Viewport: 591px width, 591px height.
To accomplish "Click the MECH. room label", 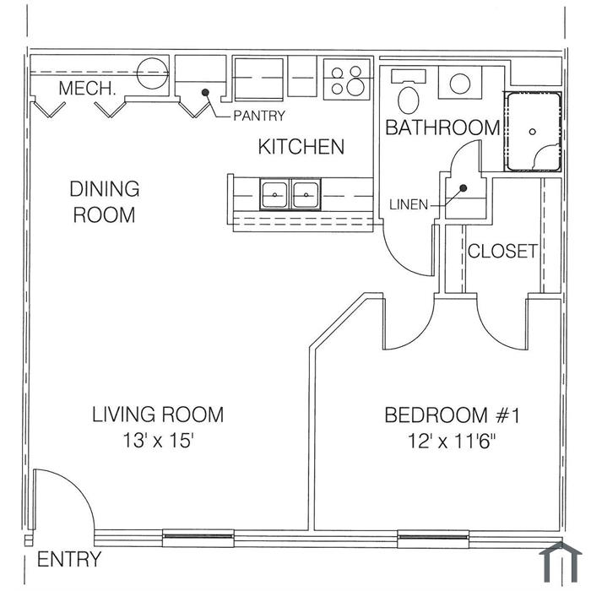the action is pyautogui.click(x=87, y=89).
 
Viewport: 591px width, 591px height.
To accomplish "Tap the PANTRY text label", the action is pyautogui.click(x=259, y=116).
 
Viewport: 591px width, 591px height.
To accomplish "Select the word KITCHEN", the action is pyautogui.click(x=301, y=147).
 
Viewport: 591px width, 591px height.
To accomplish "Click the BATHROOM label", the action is pyautogui.click(x=442, y=127).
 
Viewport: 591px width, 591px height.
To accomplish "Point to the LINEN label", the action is pyautogui.click(x=409, y=205).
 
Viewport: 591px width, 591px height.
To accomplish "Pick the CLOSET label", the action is pyautogui.click(x=502, y=251).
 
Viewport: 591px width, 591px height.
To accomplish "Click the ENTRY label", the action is pyautogui.click(x=69, y=559).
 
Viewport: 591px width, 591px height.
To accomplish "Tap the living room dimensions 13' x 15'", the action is pyautogui.click(x=159, y=440).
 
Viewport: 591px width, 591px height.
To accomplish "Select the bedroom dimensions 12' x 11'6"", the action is pyautogui.click(x=451, y=441).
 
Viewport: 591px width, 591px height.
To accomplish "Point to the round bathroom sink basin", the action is pyautogui.click(x=460, y=84).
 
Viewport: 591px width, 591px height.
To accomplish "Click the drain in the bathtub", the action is pyautogui.click(x=532, y=132).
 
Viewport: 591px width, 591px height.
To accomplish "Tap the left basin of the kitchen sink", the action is pyautogui.click(x=274, y=194).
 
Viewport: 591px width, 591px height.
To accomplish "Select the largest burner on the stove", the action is pyautogui.click(x=355, y=87).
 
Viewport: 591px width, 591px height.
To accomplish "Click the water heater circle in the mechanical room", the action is pyautogui.click(x=152, y=73).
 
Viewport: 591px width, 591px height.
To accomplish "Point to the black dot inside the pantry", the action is pyautogui.click(x=205, y=92).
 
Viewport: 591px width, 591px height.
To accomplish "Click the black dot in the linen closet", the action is pyautogui.click(x=464, y=187).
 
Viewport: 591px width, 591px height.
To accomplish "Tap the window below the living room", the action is pyautogui.click(x=198, y=536).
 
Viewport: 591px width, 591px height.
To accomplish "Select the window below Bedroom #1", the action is pyautogui.click(x=433, y=536).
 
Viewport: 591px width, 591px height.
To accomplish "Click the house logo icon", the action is pyautogui.click(x=561, y=562).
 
